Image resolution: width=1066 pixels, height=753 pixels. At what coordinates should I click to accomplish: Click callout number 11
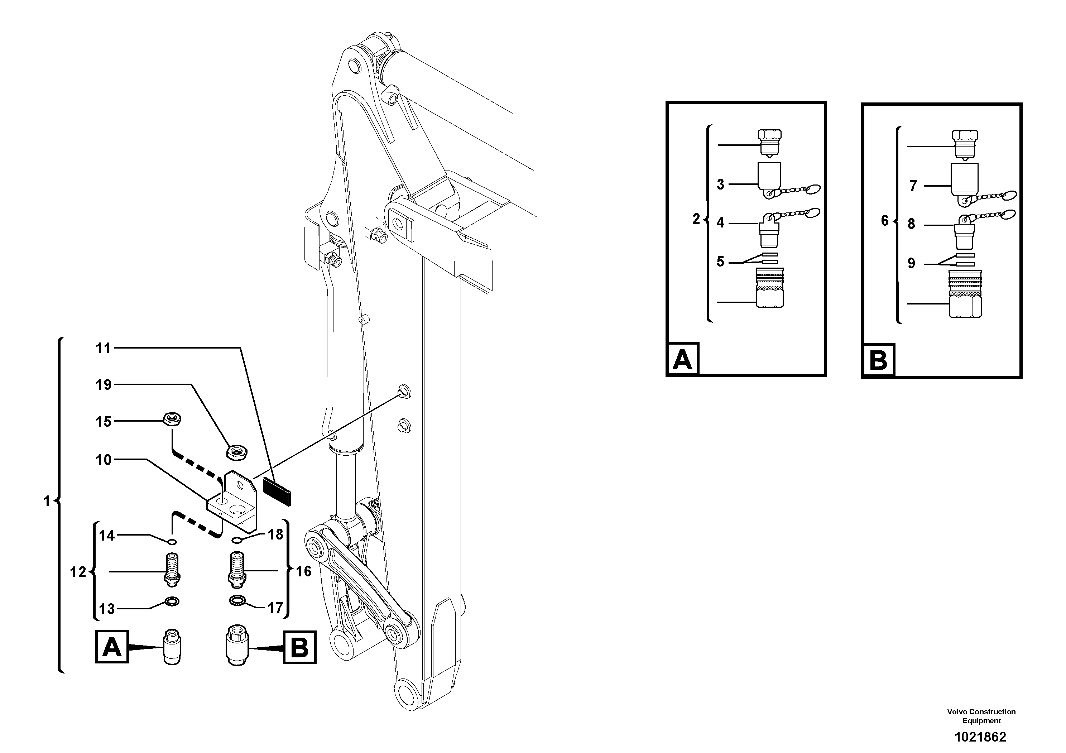point(103,348)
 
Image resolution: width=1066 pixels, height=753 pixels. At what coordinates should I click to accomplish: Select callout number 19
point(103,385)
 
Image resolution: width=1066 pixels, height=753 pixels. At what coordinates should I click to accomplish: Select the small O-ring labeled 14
point(172,541)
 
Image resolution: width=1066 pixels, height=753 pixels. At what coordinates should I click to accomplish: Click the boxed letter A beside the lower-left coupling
point(112,646)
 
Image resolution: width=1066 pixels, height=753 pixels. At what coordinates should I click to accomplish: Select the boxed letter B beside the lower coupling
point(299,647)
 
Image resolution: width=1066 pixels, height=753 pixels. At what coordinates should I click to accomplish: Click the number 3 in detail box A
point(720,184)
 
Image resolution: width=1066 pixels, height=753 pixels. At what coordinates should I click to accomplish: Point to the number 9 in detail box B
point(911,264)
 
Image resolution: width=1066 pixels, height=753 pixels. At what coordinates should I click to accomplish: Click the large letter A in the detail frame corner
point(682,359)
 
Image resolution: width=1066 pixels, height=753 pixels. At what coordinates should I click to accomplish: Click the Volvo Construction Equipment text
point(981,716)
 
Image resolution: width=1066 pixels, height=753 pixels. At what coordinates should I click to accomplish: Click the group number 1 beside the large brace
point(47,502)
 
